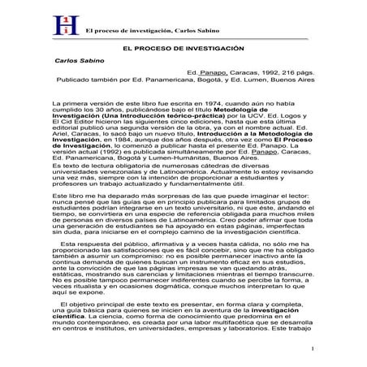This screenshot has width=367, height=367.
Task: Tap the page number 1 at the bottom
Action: pyautogui.click(x=312, y=348)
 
